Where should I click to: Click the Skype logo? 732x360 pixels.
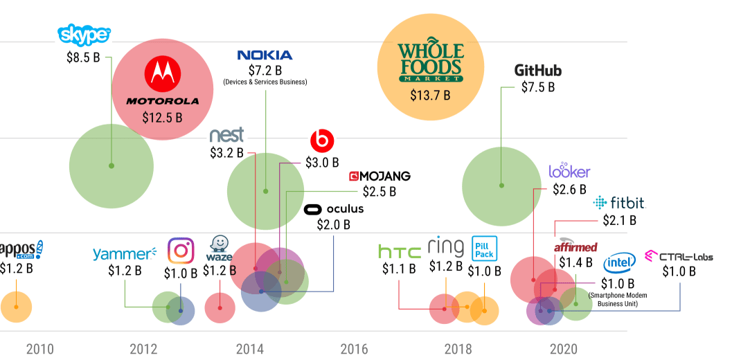point(84,34)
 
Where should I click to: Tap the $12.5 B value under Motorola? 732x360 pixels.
point(162,118)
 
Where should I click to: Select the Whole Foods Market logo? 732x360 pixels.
point(429,63)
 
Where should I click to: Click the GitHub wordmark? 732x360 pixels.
point(537,71)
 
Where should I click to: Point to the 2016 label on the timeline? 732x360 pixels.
point(354,348)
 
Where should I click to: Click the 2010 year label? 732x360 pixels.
point(39,348)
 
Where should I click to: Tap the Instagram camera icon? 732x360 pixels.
point(181,251)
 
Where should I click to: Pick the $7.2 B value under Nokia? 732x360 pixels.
point(265,71)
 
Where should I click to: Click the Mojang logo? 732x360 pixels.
point(380,176)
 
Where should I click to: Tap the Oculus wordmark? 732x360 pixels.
point(334,209)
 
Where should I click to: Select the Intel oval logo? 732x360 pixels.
point(620,263)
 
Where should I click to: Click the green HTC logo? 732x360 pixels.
point(400,251)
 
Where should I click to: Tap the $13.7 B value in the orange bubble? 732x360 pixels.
point(430,95)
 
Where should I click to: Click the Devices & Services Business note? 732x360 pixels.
point(265,82)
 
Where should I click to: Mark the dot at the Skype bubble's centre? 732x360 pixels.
point(111,165)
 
